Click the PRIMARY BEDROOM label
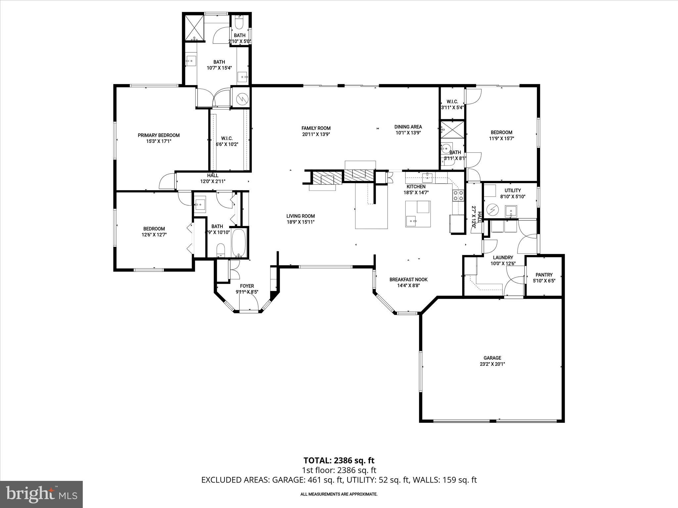click(159, 135)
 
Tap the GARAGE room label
click(492, 358)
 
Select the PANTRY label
click(544, 275)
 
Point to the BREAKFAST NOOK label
click(408, 280)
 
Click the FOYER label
click(247, 286)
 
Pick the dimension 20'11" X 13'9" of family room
click(316, 134)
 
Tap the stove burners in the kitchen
click(458, 195)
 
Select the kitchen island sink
click(412, 221)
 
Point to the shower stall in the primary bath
click(194, 27)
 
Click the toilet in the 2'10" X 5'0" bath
click(239, 22)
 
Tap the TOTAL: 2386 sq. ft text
click(339, 460)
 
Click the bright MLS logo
click(41, 494)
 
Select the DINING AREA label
click(408, 127)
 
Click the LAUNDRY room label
click(503, 258)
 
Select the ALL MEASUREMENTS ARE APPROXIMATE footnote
click(339, 494)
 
